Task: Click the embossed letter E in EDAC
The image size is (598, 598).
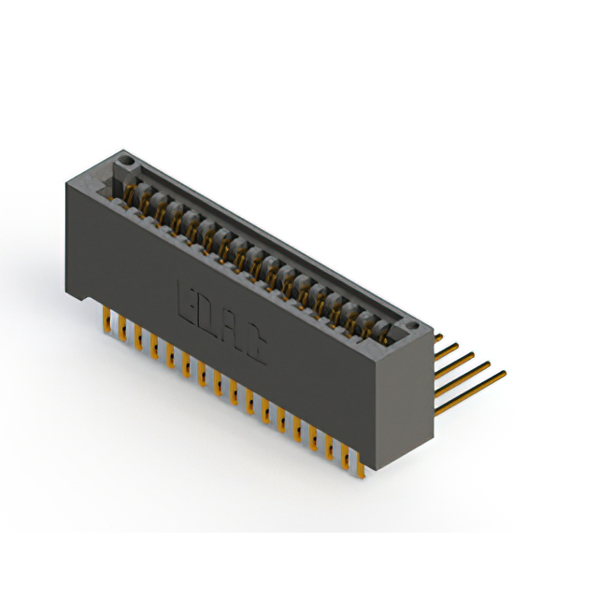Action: [x=185, y=298]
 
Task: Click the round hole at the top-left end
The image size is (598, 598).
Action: [x=121, y=169]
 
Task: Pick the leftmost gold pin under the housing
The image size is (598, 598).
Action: [x=106, y=320]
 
